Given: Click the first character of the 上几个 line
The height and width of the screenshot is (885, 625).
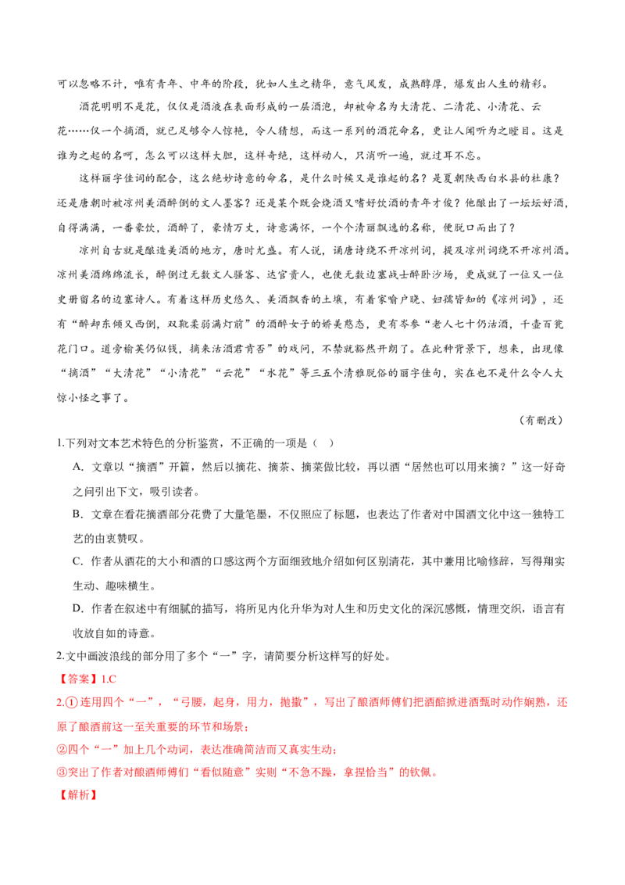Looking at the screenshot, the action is [x=62, y=750].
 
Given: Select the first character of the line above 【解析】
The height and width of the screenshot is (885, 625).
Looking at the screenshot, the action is [x=62, y=773].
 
